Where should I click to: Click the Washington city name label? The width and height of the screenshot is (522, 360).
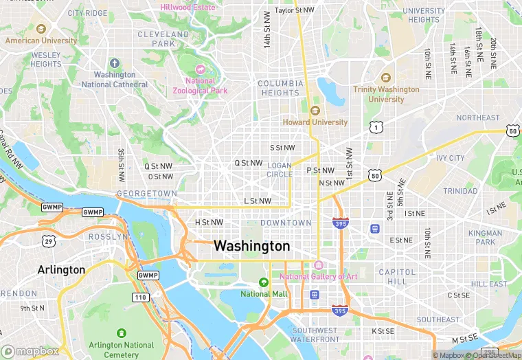pos(251,246)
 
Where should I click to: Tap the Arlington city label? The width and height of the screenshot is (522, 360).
pos(61,270)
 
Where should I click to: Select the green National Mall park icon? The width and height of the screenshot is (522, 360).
pos(263,282)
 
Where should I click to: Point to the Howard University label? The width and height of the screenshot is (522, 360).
pos(315,122)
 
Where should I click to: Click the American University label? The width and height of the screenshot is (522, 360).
pos(41,41)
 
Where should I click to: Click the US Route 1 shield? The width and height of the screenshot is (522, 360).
pos(375,127)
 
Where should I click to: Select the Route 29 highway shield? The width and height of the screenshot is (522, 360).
pos(48,240)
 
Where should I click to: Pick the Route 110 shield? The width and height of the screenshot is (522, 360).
pos(140,297)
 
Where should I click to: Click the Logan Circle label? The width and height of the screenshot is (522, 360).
pos(279,170)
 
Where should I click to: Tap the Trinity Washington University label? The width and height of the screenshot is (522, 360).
pos(386,94)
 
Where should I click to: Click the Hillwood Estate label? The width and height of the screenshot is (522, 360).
pos(188,8)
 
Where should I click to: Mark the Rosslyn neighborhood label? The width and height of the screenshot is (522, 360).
pos(108,236)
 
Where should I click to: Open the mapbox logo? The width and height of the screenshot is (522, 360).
pos(30,351)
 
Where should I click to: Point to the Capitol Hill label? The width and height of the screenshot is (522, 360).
pos(397,276)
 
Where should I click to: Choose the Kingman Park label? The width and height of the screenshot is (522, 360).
pos(486,238)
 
